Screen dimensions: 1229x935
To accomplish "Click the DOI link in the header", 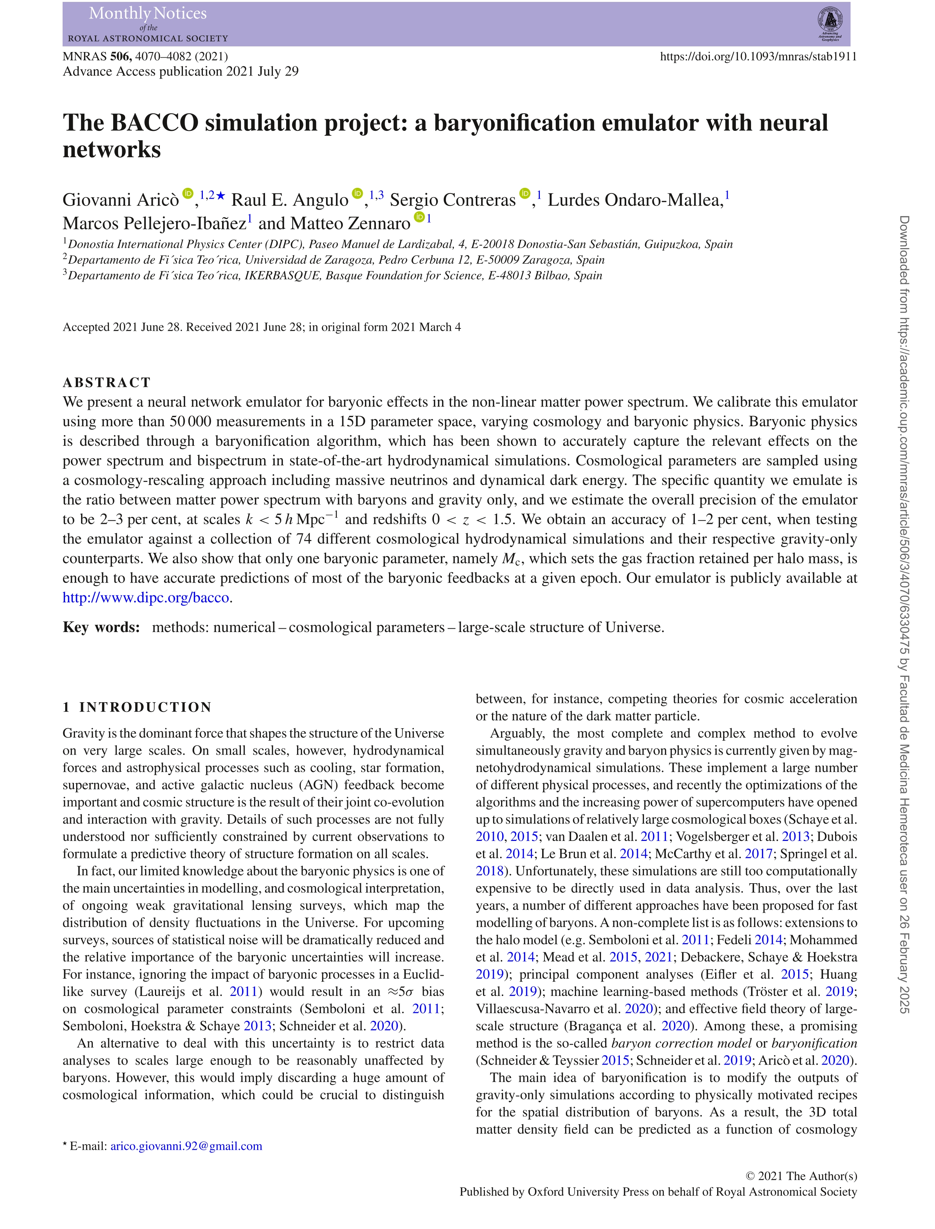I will click(758, 56).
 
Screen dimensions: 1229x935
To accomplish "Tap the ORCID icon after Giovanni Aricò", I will click(188, 193).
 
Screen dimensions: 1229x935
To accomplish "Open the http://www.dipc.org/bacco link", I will click(146, 598).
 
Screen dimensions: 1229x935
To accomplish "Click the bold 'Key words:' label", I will click(101, 627).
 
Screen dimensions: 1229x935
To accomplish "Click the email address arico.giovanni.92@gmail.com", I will click(187, 1146).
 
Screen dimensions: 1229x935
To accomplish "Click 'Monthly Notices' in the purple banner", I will click(148, 13).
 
